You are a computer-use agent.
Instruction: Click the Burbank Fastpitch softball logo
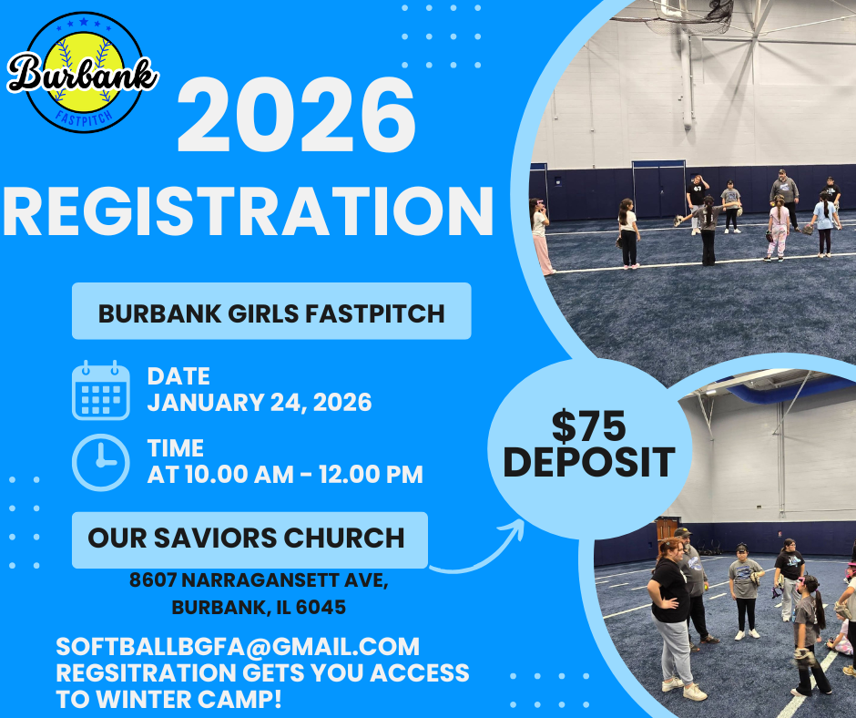(83, 73)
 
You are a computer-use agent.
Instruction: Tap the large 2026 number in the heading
(297, 116)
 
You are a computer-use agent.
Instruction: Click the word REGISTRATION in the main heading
(248, 211)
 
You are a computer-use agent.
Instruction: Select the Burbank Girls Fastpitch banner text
(271, 313)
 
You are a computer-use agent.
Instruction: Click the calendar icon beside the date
(101, 390)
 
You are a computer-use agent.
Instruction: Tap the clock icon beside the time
(101, 462)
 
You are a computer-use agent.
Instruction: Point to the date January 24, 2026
(260, 402)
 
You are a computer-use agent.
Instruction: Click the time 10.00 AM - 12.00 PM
(304, 475)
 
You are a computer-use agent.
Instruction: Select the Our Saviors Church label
(246, 538)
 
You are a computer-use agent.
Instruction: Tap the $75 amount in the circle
(588, 426)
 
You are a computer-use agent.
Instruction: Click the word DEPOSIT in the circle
(589, 462)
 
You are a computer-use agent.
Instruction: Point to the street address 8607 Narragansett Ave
(259, 580)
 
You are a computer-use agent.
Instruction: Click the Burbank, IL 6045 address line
(259, 607)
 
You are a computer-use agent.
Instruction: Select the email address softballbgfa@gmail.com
(238, 647)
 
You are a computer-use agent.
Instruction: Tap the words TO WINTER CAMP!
(168, 700)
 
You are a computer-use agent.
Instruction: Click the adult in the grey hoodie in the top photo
(784, 199)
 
